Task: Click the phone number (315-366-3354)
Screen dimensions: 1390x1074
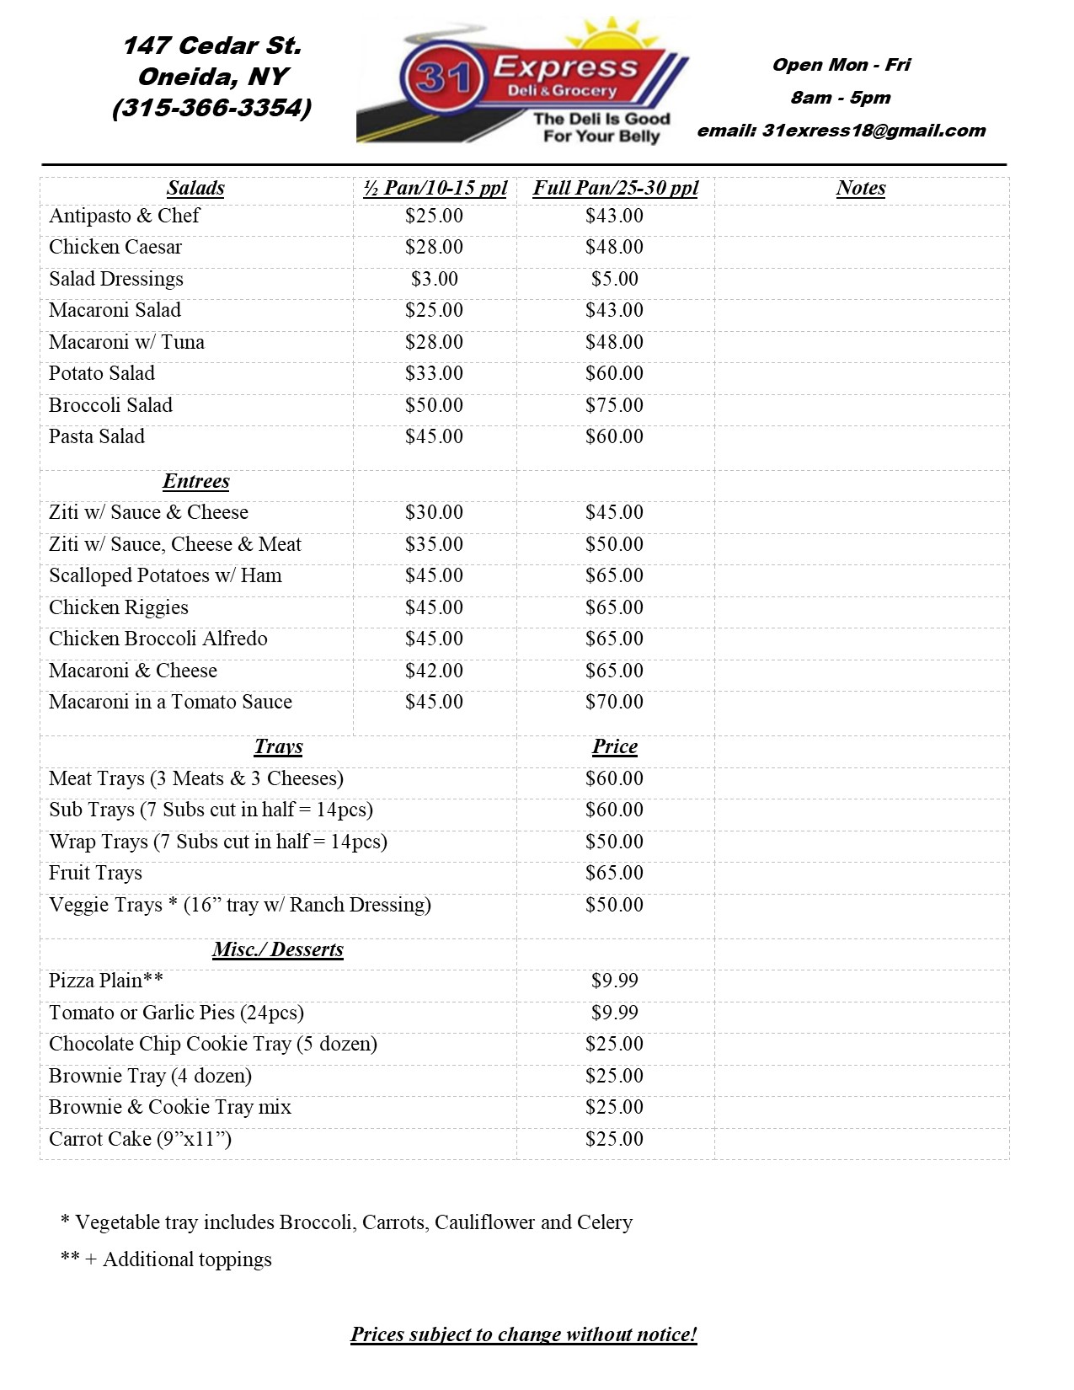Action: (211, 109)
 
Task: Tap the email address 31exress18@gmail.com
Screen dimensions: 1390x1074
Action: (874, 131)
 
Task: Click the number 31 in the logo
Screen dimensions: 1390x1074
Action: (443, 79)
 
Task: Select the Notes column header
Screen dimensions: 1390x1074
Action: (860, 188)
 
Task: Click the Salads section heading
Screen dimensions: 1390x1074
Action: (195, 188)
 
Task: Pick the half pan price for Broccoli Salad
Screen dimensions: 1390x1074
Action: (434, 405)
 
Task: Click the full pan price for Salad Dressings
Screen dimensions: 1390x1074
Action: (614, 279)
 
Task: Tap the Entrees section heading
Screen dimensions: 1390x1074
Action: (195, 481)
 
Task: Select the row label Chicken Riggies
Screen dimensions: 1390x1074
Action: (119, 607)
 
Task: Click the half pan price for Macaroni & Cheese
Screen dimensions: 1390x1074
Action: (434, 671)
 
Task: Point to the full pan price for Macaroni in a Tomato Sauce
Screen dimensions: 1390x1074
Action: (614, 702)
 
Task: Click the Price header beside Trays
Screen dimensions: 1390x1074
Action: (614, 746)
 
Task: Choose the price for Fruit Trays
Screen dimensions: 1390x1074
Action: (614, 873)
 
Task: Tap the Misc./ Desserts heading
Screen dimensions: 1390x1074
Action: (278, 949)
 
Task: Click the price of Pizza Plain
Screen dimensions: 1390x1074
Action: (614, 981)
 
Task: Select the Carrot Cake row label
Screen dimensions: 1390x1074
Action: (140, 1139)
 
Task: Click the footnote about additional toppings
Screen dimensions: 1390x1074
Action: (167, 1259)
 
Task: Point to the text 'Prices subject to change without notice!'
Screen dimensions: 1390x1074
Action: (523, 1334)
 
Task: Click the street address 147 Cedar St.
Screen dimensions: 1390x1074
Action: (211, 45)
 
